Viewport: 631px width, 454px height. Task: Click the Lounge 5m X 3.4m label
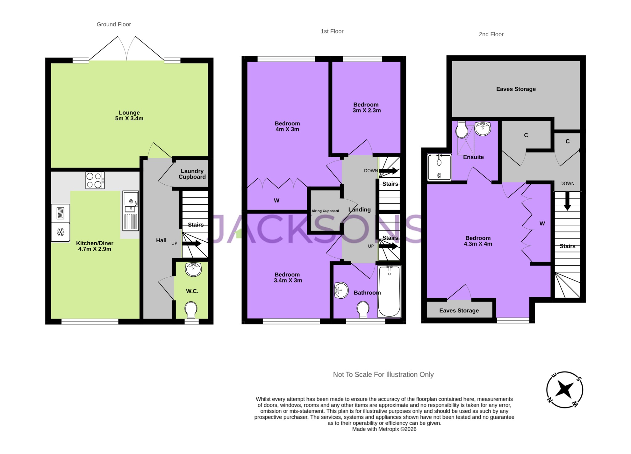point(129,115)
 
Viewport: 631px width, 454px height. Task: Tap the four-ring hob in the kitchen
point(95,180)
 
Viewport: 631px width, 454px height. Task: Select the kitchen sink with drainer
point(131,211)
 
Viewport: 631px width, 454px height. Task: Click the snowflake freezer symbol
point(61,232)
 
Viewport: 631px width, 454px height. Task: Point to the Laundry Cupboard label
point(192,174)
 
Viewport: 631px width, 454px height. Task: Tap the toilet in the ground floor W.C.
point(191,309)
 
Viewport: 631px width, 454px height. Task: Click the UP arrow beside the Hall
point(192,243)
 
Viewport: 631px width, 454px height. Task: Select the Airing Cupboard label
point(325,211)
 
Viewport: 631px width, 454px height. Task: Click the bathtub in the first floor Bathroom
point(389,291)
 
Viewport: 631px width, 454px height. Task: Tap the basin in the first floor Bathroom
point(341,290)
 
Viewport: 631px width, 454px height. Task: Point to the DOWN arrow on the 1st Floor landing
point(388,171)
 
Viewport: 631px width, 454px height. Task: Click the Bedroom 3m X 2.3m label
point(366,107)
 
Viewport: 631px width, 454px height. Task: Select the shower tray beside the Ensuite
point(439,167)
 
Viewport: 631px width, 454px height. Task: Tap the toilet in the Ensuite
point(462,130)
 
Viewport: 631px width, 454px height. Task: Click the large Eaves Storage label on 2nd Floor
point(516,89)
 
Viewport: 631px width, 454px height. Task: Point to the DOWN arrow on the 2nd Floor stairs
point(567,203)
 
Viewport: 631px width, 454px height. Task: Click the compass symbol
point(564,390)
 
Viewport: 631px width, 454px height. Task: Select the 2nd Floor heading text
point(491,34)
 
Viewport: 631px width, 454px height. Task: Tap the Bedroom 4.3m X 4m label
point(478,241)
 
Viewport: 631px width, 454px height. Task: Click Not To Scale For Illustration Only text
point(383,375)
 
